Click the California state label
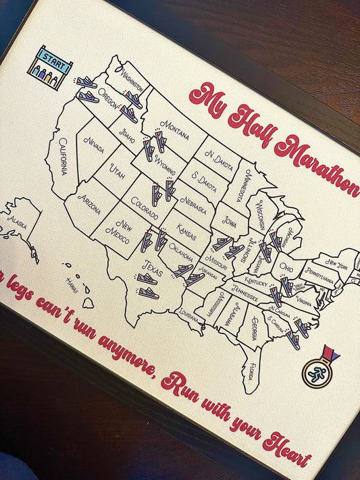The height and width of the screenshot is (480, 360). (63, 156)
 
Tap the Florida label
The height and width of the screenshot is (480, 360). (252, 371)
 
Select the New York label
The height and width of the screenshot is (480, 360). (336, 262)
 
